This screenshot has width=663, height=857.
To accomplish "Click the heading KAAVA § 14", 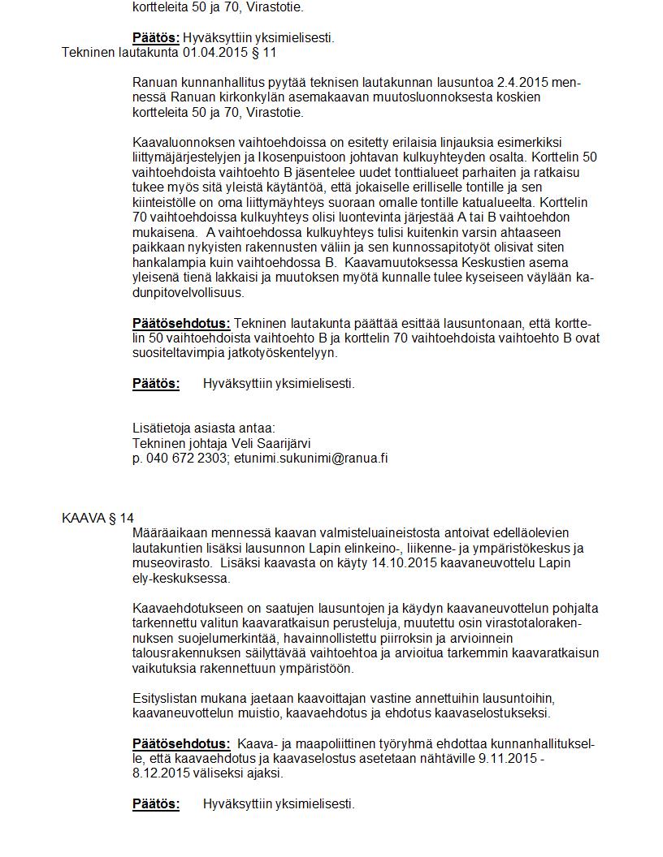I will (97, 518).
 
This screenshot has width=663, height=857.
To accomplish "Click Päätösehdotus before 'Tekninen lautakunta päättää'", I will (181, 323).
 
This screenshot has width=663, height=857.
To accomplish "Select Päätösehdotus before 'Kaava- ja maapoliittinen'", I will (181, 744).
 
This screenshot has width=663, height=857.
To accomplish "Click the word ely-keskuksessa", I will (181, 578).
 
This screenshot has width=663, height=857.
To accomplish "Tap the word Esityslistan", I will (167, 699).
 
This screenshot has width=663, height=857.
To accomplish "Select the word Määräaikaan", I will (170, 533).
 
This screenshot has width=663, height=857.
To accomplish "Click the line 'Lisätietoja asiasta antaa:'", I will (204, 428).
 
